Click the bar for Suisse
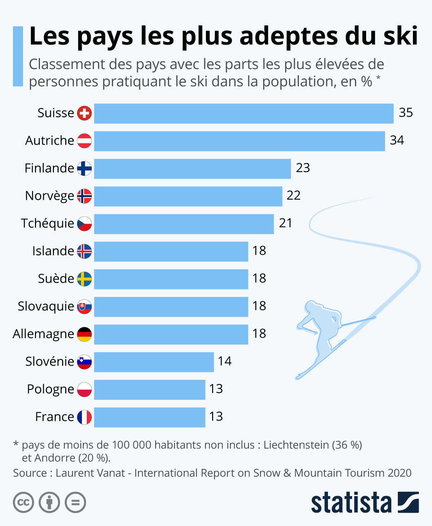244,113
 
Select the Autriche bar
239,141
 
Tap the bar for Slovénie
154,362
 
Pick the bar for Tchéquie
184,224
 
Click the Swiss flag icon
85,113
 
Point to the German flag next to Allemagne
85,334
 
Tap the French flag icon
85,417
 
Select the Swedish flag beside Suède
85,279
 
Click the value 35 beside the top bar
406,113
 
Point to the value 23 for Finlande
303,168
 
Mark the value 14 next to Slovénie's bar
225,361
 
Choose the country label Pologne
50,390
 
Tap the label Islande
53,251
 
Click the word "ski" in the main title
400,36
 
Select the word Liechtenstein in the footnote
296,445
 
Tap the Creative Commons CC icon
23,502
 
